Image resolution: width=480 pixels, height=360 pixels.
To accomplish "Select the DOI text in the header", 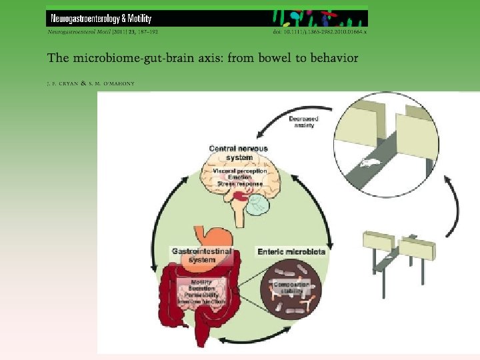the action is [321, 31].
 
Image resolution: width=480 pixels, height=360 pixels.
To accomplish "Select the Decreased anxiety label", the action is [303, 122].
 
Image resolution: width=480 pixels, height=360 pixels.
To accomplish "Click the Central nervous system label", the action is [238, 153].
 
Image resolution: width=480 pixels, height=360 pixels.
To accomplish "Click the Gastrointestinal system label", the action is [202, 255].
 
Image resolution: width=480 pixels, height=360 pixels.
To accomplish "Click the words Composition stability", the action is [291, 287].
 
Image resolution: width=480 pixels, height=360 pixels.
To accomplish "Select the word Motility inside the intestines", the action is [201, 282].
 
